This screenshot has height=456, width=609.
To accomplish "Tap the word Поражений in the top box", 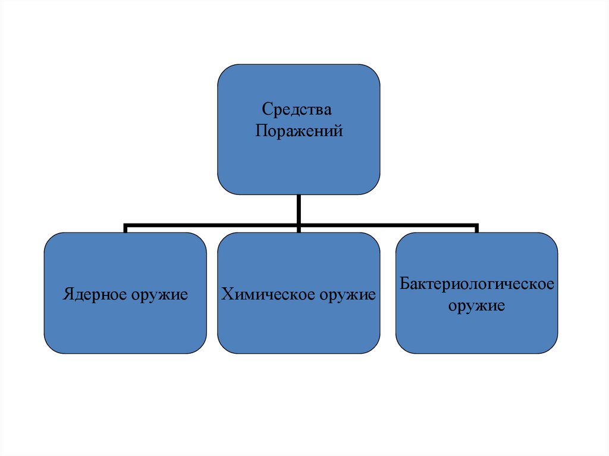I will (x=299, y=130).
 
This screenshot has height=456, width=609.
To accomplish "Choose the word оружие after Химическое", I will (x=346, y=294).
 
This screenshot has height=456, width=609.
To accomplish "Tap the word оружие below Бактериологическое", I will (x=476, y=307).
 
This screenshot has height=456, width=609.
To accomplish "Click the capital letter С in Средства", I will (x=266, y=111).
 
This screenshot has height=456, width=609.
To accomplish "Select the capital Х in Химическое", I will (x=226, y=294).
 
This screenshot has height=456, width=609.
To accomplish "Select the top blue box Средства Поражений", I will (x=299, y=166).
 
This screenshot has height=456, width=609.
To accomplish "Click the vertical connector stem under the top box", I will (x=299, y=209).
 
